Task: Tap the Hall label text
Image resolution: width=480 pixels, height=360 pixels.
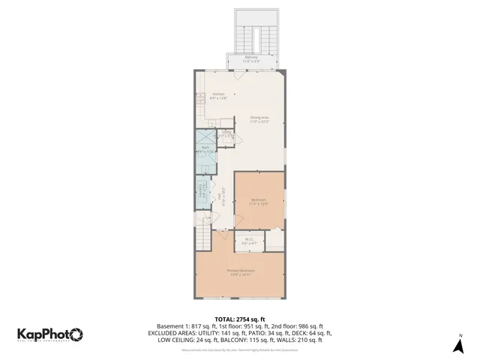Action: pyautogui.click(x=220, y=196)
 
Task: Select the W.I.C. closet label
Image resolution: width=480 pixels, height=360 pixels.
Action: pyautogui.click(x=248, y=241)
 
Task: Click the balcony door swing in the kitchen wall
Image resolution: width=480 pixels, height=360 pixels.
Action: pyautogui.click(x=238, y=75)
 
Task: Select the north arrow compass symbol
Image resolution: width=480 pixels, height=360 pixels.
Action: pyautogui.click(x=458, y=344)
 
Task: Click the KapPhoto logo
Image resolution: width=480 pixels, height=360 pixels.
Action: pyautogui.click(x=50, y=335)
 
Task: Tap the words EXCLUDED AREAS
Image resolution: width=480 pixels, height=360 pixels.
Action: pyautogui.click(x=173, y=333)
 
